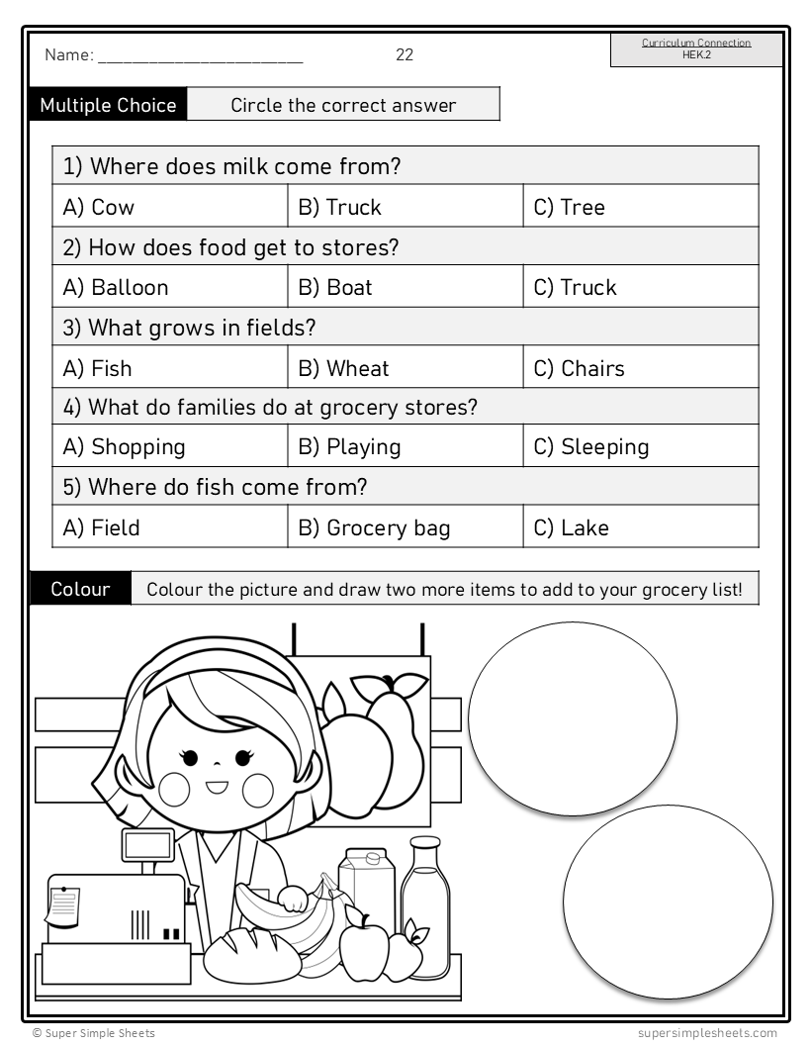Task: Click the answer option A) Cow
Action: click(99, 208)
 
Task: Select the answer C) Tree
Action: click(569, 208)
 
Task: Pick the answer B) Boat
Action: click(335, 288)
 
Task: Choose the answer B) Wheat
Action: click(343, 369)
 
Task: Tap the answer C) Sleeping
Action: click(590, 447)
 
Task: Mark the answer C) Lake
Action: click(571, 528)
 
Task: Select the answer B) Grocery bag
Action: click(374, 528)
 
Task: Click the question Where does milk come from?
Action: click(232, 166)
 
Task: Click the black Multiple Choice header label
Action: click(108, 105)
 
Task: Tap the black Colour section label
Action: click(80, 590)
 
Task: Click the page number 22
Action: click(405, 55)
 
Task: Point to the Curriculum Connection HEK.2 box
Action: click(696, 49)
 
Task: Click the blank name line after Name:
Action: click(200, 57)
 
